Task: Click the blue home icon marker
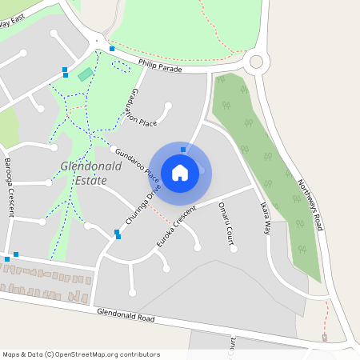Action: [180, 172]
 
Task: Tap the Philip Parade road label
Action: [160, 66]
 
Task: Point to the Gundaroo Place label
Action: [138, 163]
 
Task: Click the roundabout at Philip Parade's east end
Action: [256, 61]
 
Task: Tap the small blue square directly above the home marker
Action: [183, 150]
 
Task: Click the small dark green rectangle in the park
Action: [85, 74]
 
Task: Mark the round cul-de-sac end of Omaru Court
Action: [234, 249]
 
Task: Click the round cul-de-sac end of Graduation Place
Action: [168, 105]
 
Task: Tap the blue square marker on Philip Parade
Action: [112, 49]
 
